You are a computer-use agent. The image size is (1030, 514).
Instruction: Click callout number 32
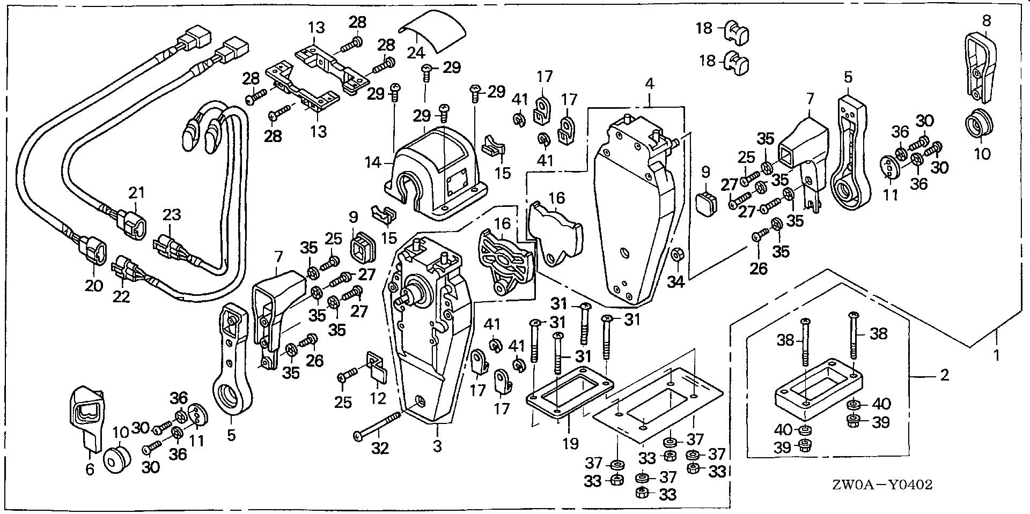pos(380,448)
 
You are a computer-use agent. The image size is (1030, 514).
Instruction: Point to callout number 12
pos(378,399)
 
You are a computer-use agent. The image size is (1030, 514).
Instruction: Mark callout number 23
pos(172,215)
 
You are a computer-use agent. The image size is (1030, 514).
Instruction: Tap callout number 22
pos(121,296)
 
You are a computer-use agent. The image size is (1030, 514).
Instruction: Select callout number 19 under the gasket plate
pos(570,443)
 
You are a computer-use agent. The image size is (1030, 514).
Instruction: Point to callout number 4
pos(649,84)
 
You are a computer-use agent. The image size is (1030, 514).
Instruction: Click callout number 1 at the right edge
pos(996,355)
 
